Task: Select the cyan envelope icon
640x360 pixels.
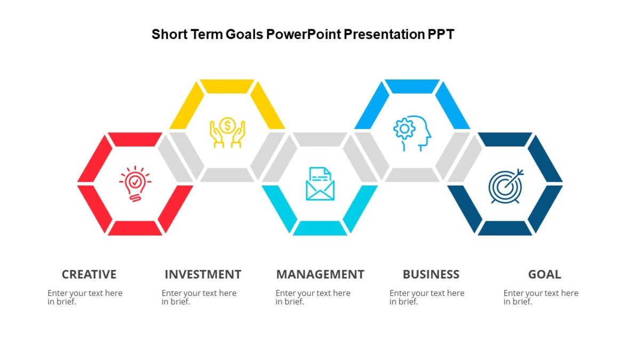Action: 320,184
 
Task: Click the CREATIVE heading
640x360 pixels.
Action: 89,274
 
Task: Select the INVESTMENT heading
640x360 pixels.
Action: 203,274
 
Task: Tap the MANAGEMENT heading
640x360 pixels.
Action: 320,274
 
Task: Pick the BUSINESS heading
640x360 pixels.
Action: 431,274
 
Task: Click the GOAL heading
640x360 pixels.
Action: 545,274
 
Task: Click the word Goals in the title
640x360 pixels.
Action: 244,35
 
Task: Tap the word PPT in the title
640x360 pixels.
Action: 441,35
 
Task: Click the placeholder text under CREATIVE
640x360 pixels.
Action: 85,297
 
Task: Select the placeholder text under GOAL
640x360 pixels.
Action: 541,297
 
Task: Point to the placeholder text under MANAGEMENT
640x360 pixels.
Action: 313,297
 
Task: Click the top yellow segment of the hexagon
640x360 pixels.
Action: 227,86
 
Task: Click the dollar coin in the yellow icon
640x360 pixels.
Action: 228,125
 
